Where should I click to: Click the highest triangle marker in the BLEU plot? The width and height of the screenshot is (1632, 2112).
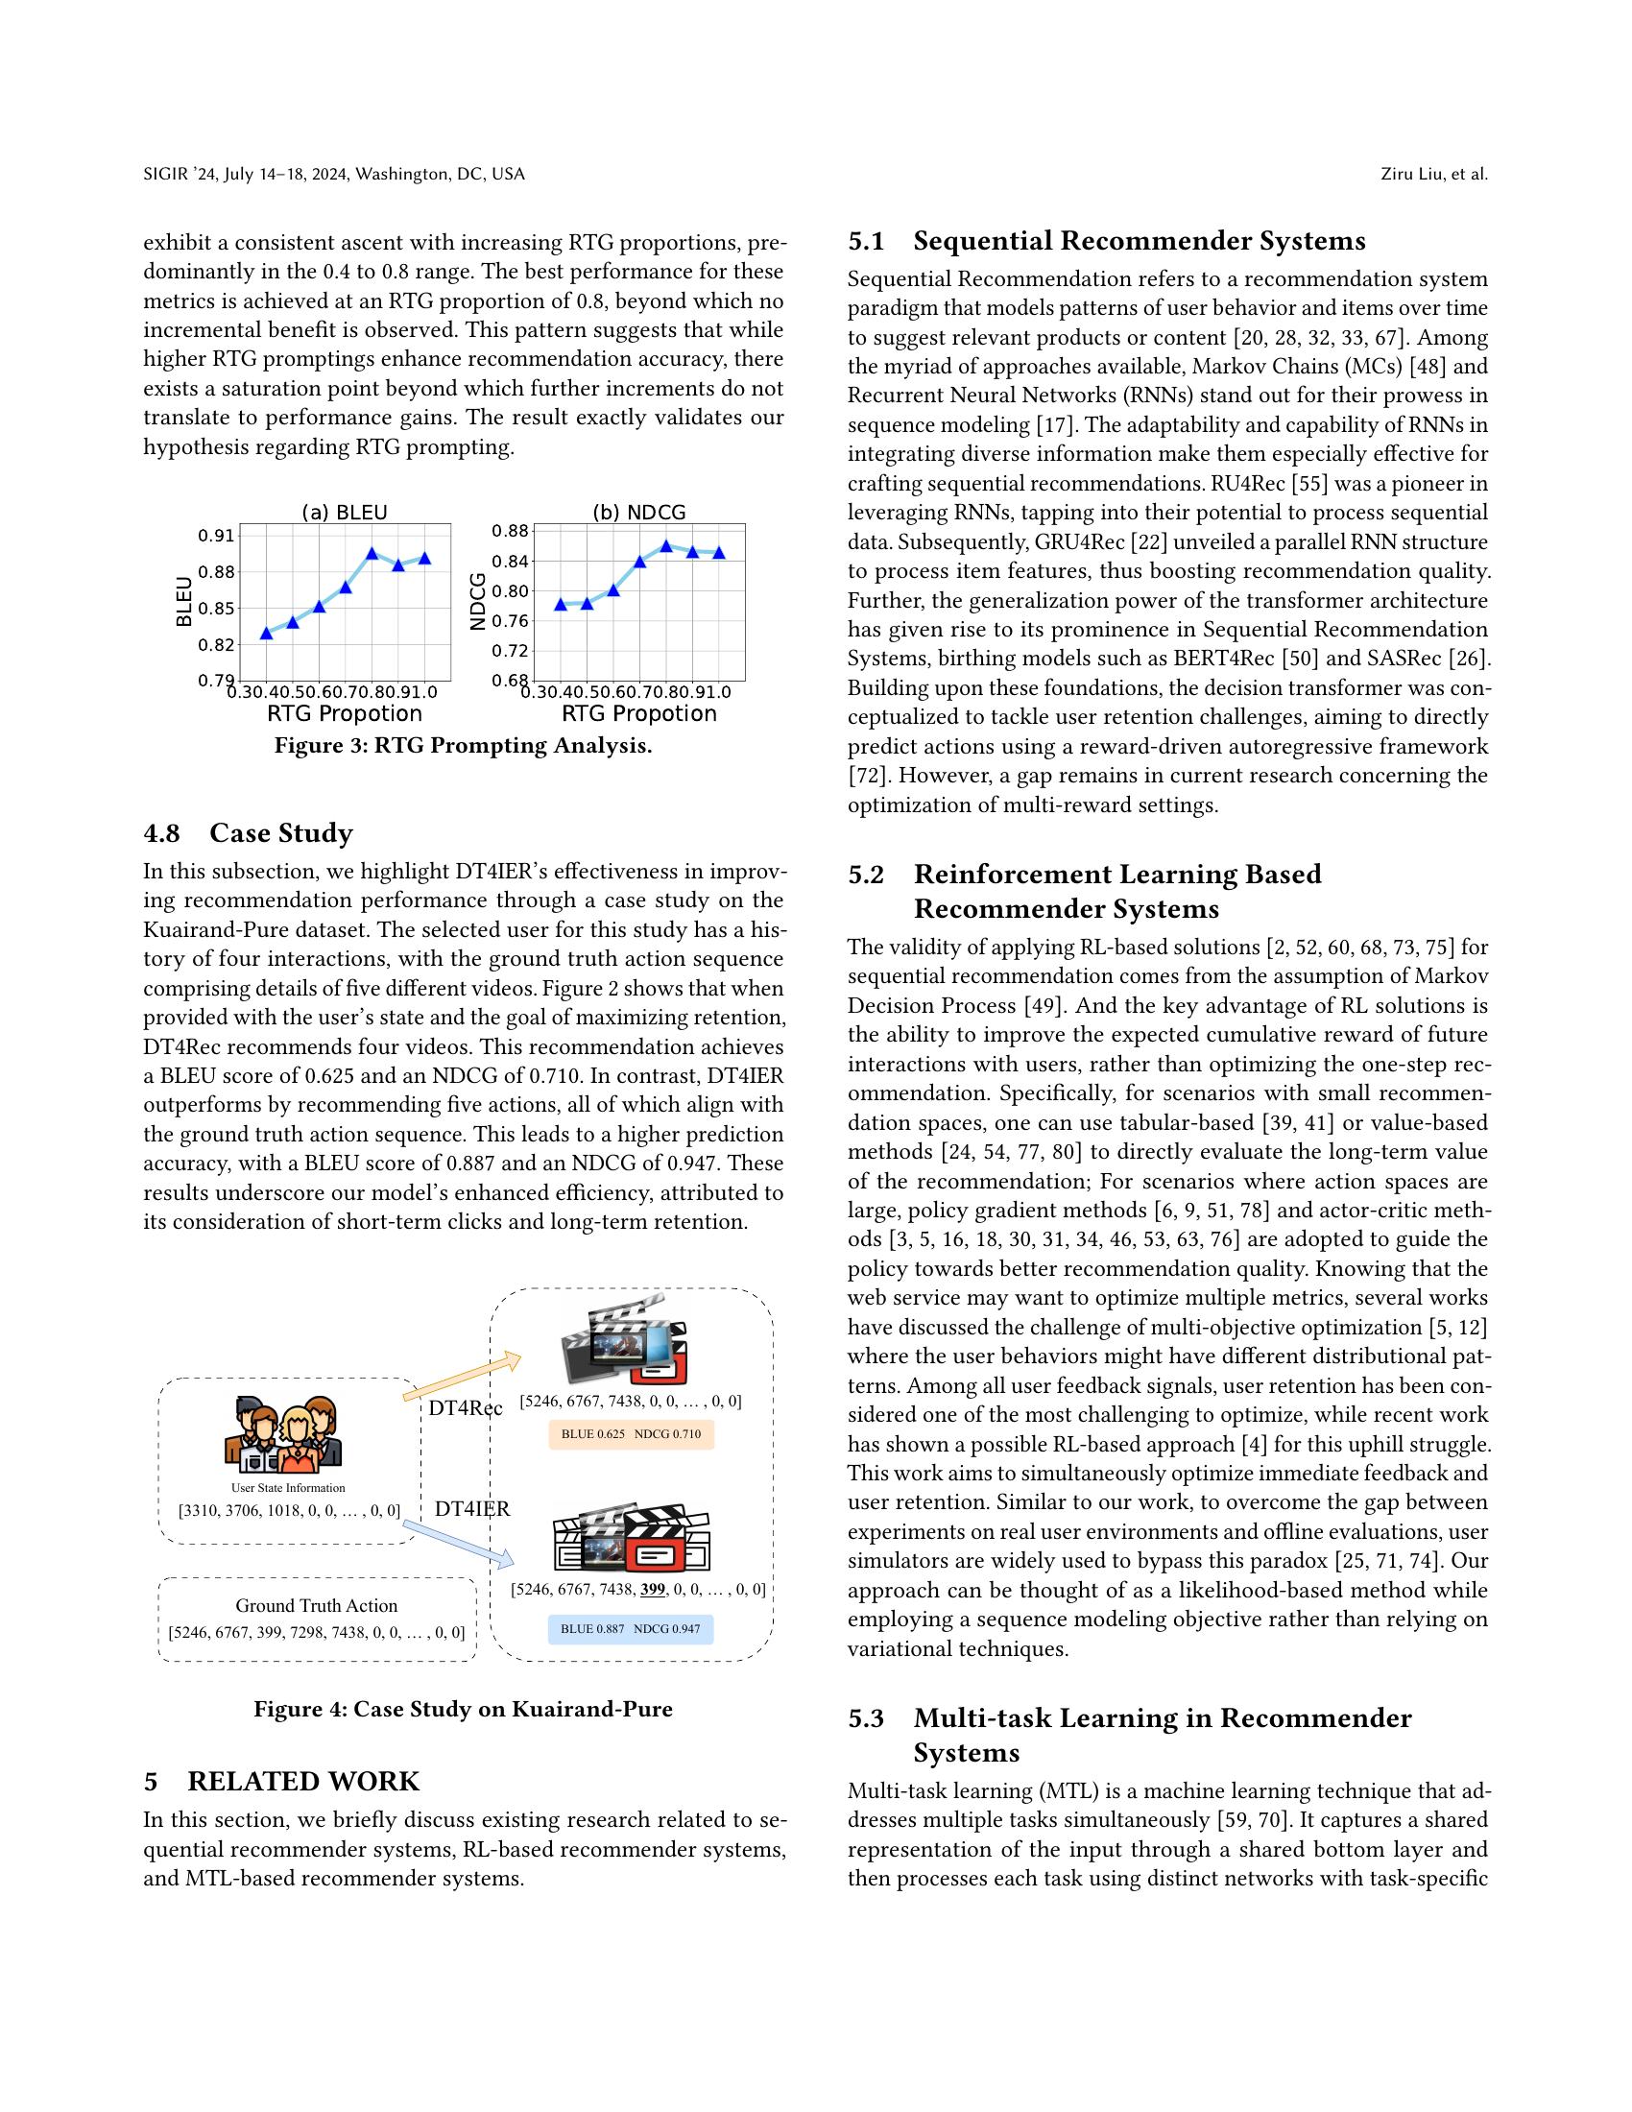pos(372,553)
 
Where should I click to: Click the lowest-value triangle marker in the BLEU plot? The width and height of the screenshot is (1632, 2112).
pos(267,634)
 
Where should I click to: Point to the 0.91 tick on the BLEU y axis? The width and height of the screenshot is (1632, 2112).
pos(216,536)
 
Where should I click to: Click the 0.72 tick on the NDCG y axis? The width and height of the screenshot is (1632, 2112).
pos(510,651)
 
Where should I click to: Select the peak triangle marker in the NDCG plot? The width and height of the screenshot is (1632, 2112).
pos(666,545)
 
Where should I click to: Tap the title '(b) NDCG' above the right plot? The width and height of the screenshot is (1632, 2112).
pos(639,513)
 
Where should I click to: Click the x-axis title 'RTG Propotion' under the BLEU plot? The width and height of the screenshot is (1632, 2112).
pos(345,713)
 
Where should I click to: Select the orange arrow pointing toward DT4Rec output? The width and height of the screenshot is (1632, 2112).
pos(462,1377)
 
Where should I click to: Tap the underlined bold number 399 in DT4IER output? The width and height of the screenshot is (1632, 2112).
pos(654,1589)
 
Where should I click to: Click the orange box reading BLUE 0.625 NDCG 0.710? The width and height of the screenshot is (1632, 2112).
pos(631,1434)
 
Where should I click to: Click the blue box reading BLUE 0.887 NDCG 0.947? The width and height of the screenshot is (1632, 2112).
pos(631,1629)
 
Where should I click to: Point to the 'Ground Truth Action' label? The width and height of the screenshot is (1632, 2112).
pos(316,1605)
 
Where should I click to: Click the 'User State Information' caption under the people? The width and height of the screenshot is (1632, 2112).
pos(287,1487)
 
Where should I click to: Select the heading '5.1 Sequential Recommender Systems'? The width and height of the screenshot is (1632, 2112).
pos(1106,241)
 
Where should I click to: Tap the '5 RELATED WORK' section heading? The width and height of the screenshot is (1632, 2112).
pos(281,1781)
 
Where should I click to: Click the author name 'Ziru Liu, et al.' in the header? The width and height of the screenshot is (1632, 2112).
pos(1434,174)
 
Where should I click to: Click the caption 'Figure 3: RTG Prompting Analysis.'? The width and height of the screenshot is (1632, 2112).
pos(463,746)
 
